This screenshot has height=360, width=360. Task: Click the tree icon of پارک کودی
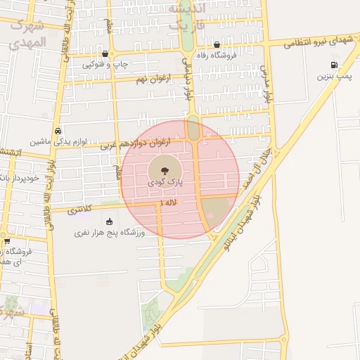162,171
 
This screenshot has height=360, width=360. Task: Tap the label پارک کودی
165,182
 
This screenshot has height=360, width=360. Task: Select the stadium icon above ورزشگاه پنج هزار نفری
109,222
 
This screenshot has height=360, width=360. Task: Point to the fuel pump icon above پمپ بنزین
333,65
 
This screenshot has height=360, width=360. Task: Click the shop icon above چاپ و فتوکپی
105,53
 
